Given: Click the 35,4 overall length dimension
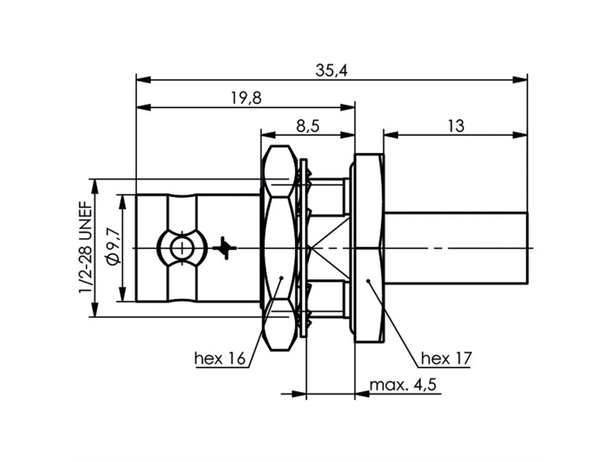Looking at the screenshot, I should (x=332, y=71).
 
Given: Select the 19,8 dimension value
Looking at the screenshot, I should (x=245, y=98).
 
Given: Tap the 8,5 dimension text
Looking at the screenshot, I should (x=308, y=126).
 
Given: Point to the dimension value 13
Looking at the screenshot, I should (x=455, y=126).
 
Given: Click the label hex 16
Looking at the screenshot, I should (x=219, y=358).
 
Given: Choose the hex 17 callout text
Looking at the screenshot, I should (x=445, y=358).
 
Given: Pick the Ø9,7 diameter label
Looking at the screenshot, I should (x=114, y=248).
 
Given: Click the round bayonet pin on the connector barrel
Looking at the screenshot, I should (x=181, y=248).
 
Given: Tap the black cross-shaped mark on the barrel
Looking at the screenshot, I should (x=225, y=248).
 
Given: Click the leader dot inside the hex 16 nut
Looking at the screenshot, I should (x=281, y=278).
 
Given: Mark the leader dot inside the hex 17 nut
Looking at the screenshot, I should (x=368, y=281).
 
